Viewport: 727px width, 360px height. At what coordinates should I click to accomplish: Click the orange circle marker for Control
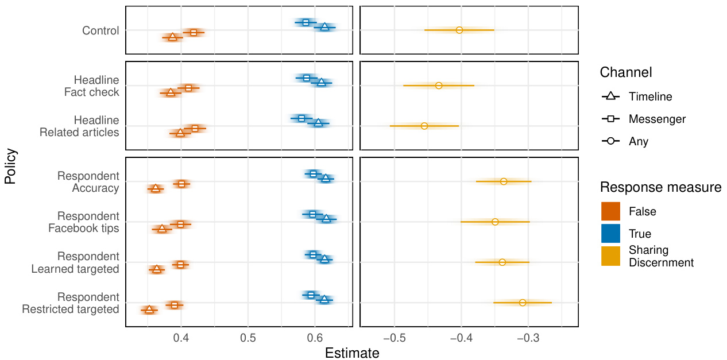pyautogui.click(x=459, y=30)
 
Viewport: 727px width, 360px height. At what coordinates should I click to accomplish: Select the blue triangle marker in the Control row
pyautogui.click(x=325, y=27)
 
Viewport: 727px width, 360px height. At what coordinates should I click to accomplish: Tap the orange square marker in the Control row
pyautogui.click(x=194, y=33)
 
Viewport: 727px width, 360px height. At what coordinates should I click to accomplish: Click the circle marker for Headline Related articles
pyautogui.click(x=424, y=126)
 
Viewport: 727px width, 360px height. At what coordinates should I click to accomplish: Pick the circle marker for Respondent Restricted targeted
pyautogui.click(x=523, y=303)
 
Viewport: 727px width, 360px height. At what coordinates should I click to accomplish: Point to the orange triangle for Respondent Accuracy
pyautogui.click(x=155, y=188)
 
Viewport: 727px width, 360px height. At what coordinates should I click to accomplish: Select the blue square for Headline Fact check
pyautogui.click(x=307, y=78)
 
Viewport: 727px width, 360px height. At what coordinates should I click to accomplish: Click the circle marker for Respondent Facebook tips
pyautogui.click(x=495, y=222)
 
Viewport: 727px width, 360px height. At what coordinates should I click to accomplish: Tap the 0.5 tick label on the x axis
pyautogui.click(x=248, y=336)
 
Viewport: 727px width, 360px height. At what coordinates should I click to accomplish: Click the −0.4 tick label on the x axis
pyautogui.click(x=459, y=336)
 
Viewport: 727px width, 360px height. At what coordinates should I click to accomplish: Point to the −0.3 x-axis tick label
pyautogui.click(x=527, y=336)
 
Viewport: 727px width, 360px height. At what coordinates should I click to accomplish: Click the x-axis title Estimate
pyautogui.click(x=352, y=353)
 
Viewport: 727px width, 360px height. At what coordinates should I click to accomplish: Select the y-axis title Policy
pyautogui.click(x=10, y=167)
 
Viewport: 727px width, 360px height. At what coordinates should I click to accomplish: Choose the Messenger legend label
pyautogui.click(x=657, y=119)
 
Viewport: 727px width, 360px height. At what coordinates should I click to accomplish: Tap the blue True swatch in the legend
pyautogui.click(x=610, y=233)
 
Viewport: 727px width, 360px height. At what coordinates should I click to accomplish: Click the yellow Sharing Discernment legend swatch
pyautogui.click(x=610, y=256)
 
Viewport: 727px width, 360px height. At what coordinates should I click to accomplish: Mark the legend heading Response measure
pyautogui.click(x=660, y=187)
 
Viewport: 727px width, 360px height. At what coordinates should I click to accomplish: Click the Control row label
pyautogui.click(x=100, y=30)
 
